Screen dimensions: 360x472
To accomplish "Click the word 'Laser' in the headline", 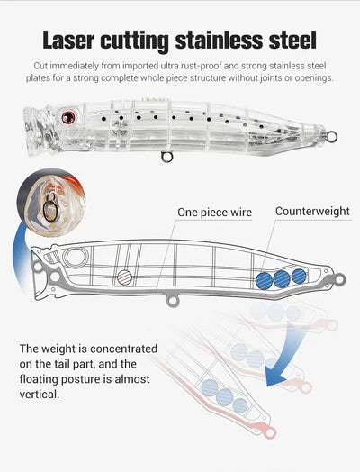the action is [x=68, y=40].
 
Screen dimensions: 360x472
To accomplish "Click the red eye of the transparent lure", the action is [x=69, y=117].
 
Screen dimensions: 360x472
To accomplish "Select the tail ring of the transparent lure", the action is [x=332, y=137].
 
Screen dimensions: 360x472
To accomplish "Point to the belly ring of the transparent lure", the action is [x=166, y=157].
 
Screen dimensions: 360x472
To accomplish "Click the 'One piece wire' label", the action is [x=214, y=213].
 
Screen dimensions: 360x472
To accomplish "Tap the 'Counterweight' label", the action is [x=312, y=212].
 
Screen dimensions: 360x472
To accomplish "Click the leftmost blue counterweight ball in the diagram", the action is [x=264, y=280].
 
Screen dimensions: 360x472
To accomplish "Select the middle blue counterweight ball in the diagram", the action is [x=282, y=278].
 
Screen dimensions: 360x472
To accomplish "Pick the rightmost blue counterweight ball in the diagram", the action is [x=299, y=276].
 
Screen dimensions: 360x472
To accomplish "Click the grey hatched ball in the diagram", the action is [x=124, y=277].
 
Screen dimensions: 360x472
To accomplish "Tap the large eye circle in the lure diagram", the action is [x=76, y=258].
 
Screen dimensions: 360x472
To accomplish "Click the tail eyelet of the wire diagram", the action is [x=340, y=279].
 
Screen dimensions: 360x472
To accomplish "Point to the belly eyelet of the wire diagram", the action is [x=173, y=301].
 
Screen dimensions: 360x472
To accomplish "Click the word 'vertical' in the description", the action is [x=38, y=394].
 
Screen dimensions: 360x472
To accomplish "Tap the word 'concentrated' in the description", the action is [x=123, y=349].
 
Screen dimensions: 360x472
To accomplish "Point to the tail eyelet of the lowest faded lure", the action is [x=270, y=433].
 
